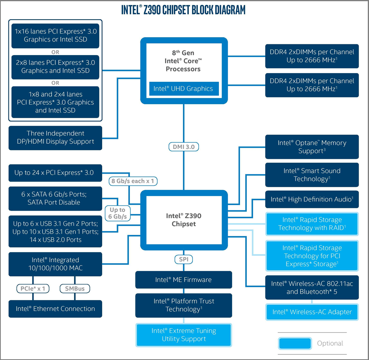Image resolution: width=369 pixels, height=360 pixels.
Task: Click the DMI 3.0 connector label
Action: coord(184,147)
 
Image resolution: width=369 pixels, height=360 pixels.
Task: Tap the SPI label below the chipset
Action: coord(184,259)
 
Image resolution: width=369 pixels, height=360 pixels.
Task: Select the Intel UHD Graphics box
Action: coord(184,89)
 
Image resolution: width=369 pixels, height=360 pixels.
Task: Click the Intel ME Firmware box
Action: coord(184,280)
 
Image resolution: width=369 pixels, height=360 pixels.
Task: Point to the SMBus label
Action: coord(75,289)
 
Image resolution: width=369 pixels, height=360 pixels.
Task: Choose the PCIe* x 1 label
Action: coord(33,289)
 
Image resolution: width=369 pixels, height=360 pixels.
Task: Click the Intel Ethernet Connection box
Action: coord(55,309)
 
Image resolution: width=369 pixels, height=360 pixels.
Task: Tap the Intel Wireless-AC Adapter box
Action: coord(312,312)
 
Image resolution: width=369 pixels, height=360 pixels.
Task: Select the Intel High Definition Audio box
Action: coord(312,200)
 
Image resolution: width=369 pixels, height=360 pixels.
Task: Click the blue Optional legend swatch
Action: coord(295,343)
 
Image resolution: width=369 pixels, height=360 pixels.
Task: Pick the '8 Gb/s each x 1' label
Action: coord(133,181)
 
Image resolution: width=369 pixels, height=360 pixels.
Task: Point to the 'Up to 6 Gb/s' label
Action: coord(118,213)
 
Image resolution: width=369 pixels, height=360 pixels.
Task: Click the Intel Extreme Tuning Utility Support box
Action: coord(184,335)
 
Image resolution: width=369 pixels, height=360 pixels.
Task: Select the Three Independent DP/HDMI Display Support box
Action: coord(55,138)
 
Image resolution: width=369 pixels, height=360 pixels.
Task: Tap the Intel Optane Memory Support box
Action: coord(312,147)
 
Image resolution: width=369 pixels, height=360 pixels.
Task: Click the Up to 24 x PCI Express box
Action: coord(55,173)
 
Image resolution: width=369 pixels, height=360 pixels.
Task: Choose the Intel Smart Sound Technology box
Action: coord(312,175)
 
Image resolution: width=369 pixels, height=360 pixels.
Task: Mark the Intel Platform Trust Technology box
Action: coord(184,305)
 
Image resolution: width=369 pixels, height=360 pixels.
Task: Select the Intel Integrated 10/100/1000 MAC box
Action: coord(55,264)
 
